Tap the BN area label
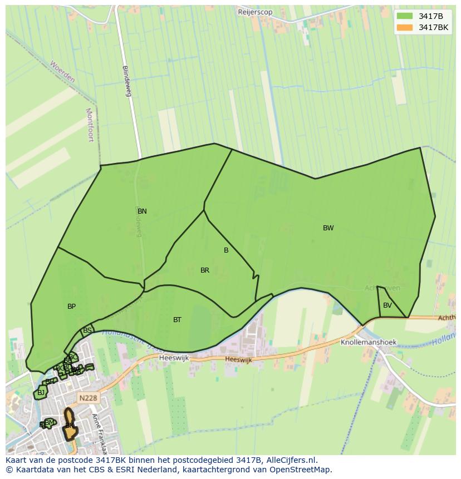click(x=142, y=211)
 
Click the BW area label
click(x=328, y=228)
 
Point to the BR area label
click(x=205, y=270)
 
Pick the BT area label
click(x=177, y=320)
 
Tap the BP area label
click(x=71, y=307)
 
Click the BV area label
click(x=388, y=305)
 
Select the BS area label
click(x=87, y=330)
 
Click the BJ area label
click(x=41, y=393)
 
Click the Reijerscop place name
click(x=255, y=12)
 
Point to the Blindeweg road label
click(x=127, y=81)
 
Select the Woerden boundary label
click(x=62, y=72)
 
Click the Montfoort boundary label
click(x=90, y=125)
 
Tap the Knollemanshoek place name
click(x=368, y=343)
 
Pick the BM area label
click(x=50, y=423)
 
